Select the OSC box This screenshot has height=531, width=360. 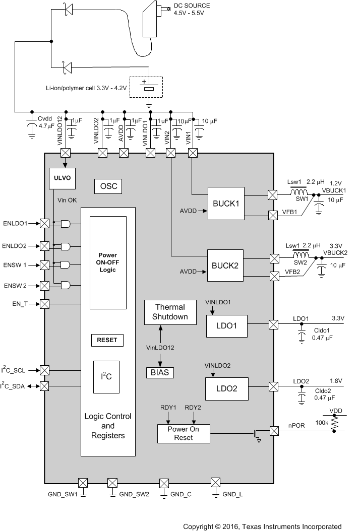tap(108, 186)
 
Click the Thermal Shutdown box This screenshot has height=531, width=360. tap(170, 312)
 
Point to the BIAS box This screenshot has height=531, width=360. tap(160, 372)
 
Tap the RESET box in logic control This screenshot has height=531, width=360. tap(107, 340)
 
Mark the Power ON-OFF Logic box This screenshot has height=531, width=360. tap(107, 262)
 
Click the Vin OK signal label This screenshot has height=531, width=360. tap(67, 200)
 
